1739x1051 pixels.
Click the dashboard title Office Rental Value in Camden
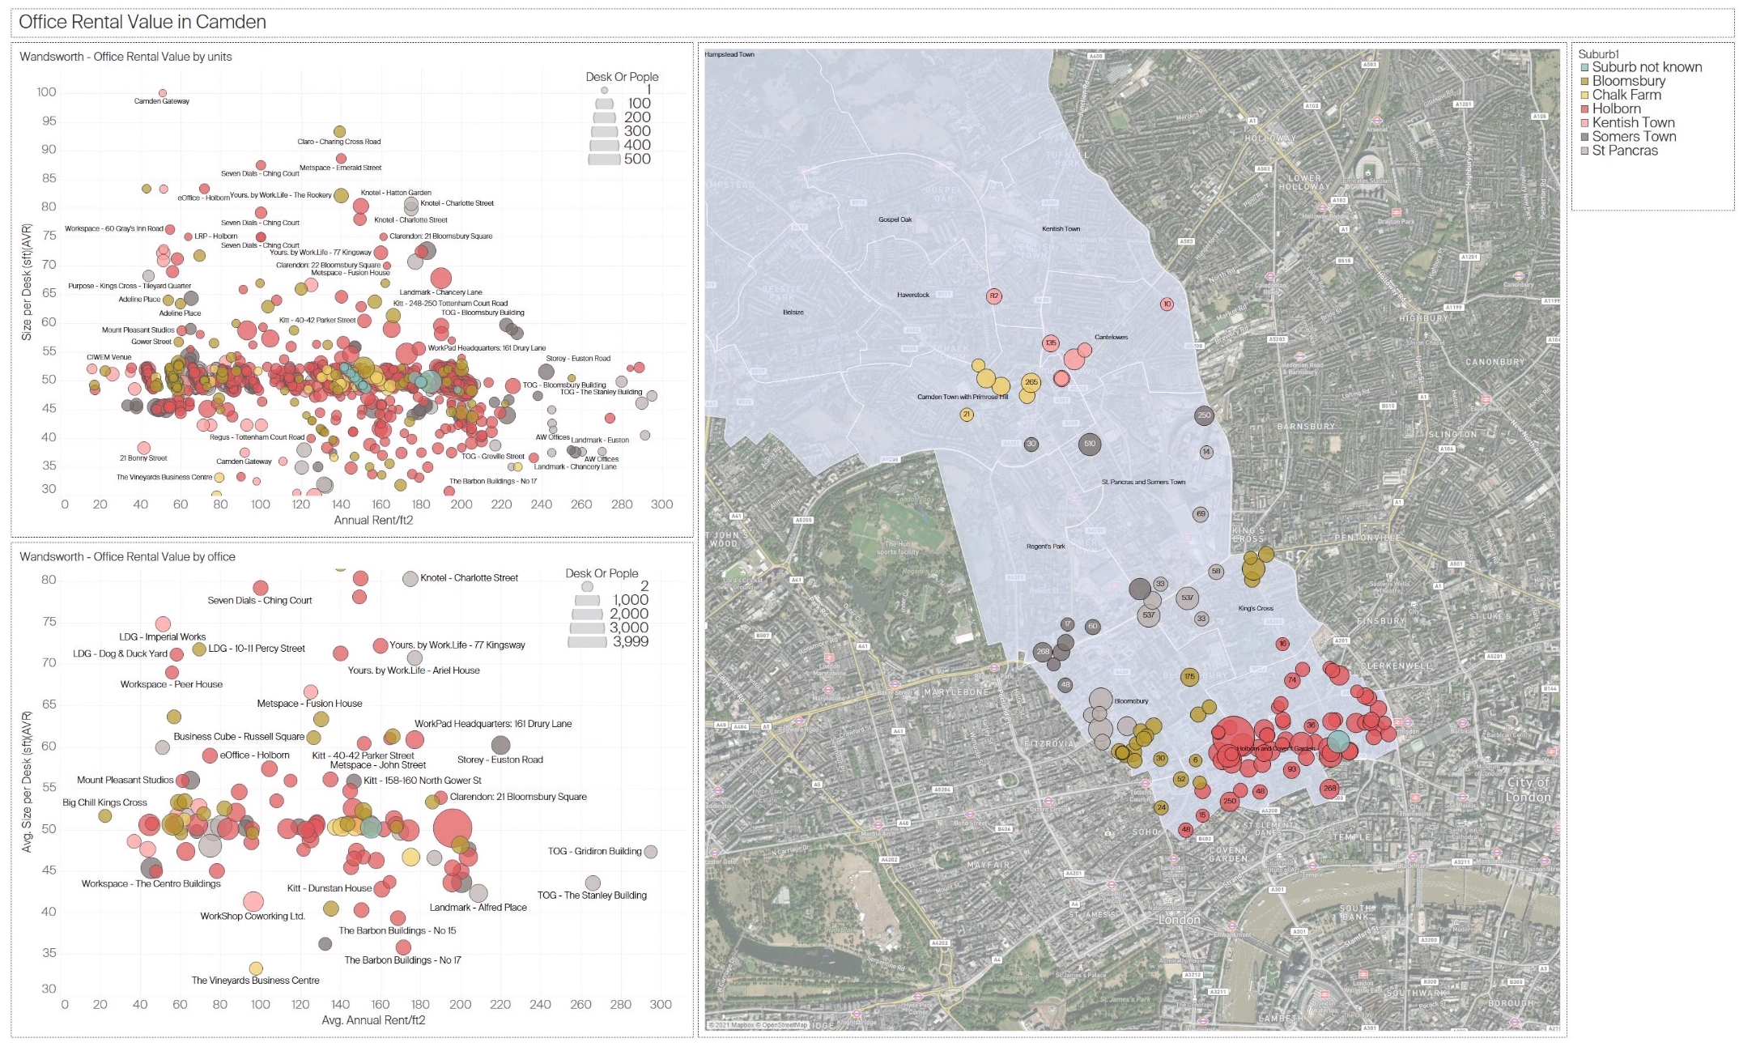coord(142,22)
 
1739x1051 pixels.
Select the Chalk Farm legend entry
coord(1626,95)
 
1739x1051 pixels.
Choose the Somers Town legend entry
coord(1633,137)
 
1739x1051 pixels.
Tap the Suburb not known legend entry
coord(1646,67)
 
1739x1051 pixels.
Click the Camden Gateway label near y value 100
coord(162,101)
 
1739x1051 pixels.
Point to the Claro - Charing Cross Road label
coord(338,142)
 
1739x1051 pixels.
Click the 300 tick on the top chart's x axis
coord(661,504)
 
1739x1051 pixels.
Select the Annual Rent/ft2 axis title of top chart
coord(373,521)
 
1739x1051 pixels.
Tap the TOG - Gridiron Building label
coord(594,851)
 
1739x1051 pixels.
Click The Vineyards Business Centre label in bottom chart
coord(255,981)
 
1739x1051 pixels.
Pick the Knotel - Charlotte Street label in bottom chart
coord(469,578)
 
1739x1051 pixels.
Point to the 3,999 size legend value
coord(631,641)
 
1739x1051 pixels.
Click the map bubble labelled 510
coord(1090,444)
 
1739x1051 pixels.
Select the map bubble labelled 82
coord(993,296)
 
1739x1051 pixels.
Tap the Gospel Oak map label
coord(895,219)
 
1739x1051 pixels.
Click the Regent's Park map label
coord(1045,547)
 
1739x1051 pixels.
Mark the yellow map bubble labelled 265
coord(1031,382)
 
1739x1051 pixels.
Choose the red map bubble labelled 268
coord(1329,788)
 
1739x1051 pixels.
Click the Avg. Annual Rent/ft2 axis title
coord(373,1020)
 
